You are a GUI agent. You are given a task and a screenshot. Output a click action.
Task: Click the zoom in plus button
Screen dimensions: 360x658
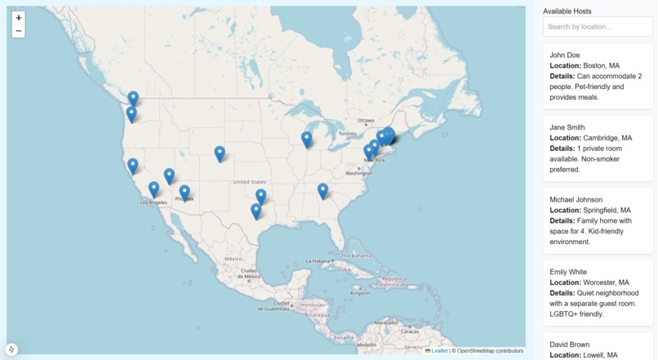(x=19, y=17)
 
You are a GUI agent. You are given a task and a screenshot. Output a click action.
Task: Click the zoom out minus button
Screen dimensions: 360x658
(x=19, y=31)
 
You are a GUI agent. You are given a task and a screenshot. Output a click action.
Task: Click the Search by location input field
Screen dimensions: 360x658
(x=598, y=27)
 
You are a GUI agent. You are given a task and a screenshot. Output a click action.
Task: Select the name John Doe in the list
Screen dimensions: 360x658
(x=565, y=55)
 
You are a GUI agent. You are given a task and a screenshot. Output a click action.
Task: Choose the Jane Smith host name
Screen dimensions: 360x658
(x=567, y=127)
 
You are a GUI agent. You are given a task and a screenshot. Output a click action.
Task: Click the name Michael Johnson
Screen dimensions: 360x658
(x=576, y=199)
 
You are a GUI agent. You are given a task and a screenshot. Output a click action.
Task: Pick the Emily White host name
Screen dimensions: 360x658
(x=570, y=272)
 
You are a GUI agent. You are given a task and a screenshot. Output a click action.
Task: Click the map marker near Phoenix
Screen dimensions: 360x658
(x=185, y=193)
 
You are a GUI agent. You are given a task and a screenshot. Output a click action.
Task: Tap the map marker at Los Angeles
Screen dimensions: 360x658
(x=153, y=190)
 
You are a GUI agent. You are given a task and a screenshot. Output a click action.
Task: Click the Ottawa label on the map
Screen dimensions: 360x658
(x=366, y=120)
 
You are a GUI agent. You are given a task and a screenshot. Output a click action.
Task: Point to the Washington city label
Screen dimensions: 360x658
(x=359, y=173)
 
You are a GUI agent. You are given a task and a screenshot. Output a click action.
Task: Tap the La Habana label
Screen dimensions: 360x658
(x=320, y=261)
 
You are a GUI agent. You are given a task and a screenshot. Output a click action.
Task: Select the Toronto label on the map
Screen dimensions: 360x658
(x=348, y=133)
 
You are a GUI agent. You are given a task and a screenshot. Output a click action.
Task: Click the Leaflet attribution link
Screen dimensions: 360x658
(x=439, y=351)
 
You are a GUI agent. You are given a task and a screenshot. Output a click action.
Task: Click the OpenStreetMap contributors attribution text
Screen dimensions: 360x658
(x=490, y=351)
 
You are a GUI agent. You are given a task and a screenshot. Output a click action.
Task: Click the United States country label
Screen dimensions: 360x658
(x=249, y=182)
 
